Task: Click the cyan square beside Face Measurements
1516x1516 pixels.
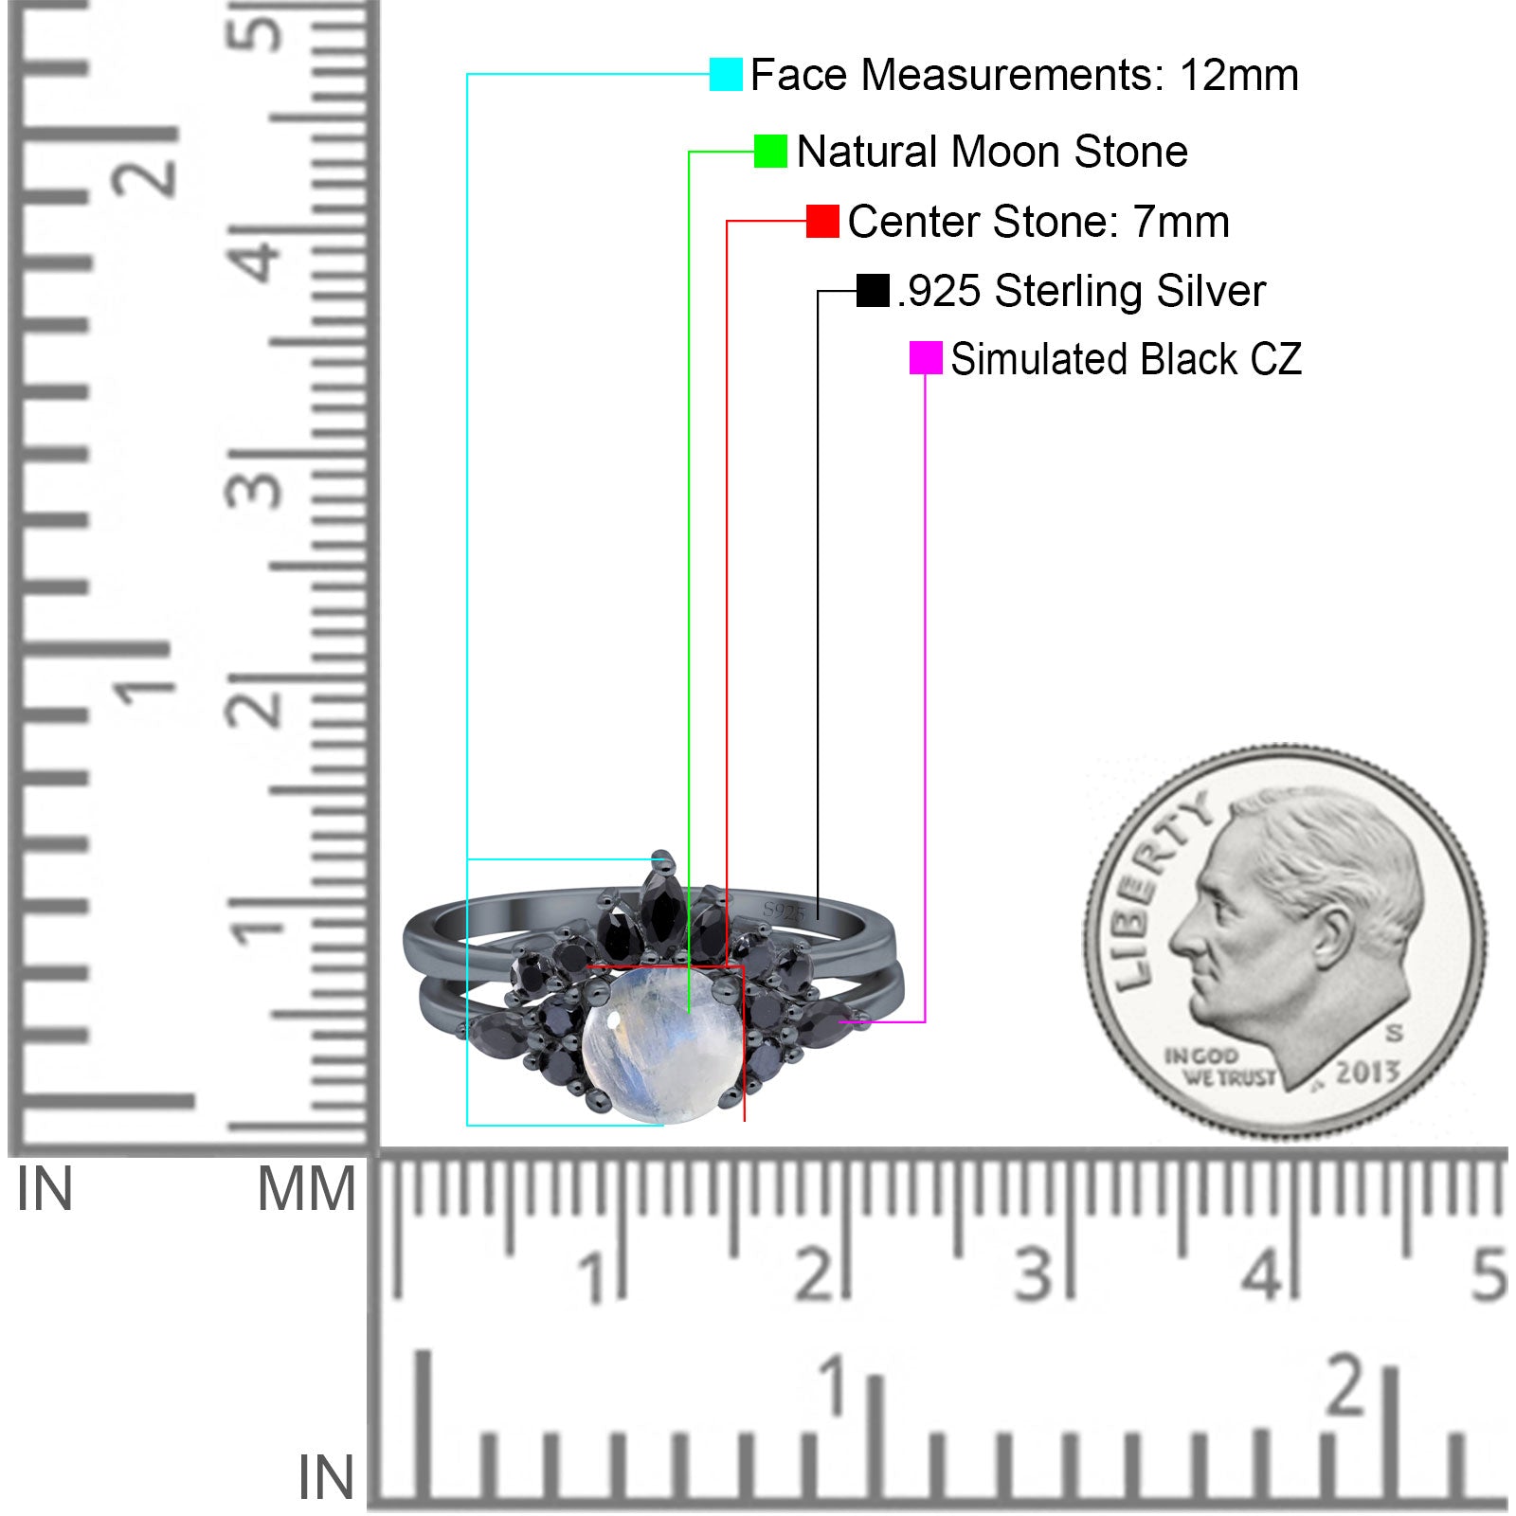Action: coord(726,74)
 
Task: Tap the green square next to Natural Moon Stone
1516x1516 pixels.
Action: coord(770,151)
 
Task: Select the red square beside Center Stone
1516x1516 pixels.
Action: coord(822,221)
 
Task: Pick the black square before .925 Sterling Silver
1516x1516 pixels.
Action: coord(873,291)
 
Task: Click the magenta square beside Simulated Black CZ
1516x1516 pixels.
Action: coord(926,358)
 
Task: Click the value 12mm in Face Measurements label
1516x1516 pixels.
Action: coord(1238,75)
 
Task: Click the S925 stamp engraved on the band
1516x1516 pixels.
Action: coord(784,911)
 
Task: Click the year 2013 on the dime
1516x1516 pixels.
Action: coord(1367,1072)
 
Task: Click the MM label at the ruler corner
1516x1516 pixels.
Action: coord(307,1189)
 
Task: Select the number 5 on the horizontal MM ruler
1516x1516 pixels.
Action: coord(1489,1274)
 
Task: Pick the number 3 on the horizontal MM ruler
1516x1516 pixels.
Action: coord(1036,1274)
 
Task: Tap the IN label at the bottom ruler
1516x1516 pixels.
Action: coord(326,1477)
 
